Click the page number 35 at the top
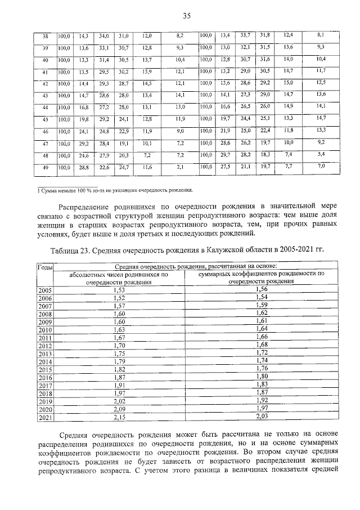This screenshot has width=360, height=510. pos(187,16)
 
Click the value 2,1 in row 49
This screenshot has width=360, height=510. pos(180,167)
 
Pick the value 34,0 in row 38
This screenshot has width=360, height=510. pos(103,35)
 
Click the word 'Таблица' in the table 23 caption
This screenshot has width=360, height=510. pos(67,248)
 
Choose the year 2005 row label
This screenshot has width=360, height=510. pos(44,289)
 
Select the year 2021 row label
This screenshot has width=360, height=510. pos(44,417)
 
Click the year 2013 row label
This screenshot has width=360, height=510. pos(44,354)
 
